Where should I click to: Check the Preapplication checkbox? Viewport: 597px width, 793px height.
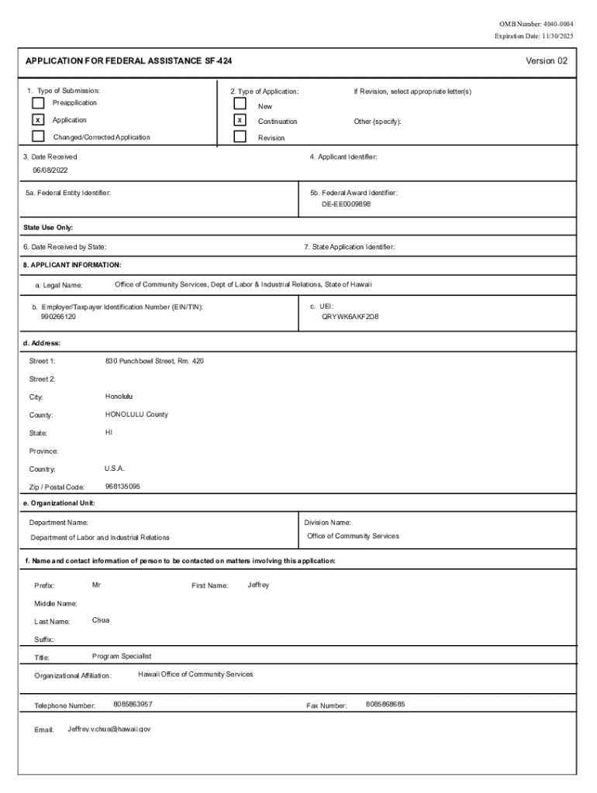coord(38,102)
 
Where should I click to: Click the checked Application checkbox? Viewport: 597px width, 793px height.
coord(38,120)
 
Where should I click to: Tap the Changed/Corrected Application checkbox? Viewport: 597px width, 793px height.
coord(38,137)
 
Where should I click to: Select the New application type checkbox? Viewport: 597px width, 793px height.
coord(240,104)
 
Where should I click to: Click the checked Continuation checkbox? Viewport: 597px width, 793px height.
coord(240,121)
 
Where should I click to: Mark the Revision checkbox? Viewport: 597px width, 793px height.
coord(240,137)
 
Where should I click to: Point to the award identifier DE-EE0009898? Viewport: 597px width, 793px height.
coord(347,204)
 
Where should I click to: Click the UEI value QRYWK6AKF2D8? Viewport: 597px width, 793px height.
coord(350,317)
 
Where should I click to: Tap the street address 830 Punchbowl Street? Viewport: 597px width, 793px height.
coord(154,361)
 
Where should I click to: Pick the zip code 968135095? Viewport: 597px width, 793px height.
coord(123,486)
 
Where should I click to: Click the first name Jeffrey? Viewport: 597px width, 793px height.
coord(258,585)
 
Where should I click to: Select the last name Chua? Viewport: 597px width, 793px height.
coord(101,620)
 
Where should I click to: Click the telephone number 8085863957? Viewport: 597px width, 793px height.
coord(133,704)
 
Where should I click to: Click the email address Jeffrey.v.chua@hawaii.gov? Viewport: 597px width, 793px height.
coord(109,729)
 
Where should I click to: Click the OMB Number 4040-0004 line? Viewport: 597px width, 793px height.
coord(537,24)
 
